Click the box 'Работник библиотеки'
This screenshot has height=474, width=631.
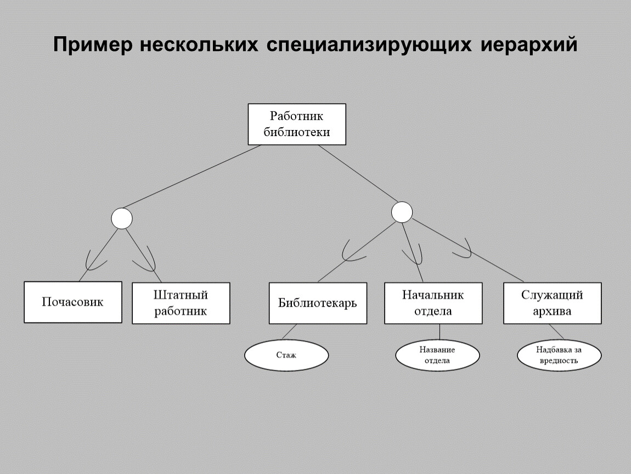[297, 124]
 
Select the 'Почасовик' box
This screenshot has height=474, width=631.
[73, 302]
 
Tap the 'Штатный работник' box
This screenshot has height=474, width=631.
[181, 303]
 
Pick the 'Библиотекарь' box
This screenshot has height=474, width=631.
[318, 303]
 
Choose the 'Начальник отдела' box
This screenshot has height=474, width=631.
[433, 303]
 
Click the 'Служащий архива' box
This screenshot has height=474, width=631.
[552, 303]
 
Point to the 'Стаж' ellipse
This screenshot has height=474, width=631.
[286, 356]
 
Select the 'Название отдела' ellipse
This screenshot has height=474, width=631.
[437, 355]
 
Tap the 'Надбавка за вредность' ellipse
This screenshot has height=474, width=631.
[559, 356]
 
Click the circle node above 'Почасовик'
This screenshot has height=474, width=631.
[122, 218]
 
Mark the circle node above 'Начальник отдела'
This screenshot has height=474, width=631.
[402, 212]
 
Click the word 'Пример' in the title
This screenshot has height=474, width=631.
[93, 45]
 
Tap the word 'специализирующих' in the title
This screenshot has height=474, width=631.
[369, 45]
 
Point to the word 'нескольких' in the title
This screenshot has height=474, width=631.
[199, 45]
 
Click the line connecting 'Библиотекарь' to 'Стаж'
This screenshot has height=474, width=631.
[289, 331]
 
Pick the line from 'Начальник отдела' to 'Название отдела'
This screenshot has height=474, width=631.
[440, 332]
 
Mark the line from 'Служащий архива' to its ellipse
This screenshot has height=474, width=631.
[556, 332]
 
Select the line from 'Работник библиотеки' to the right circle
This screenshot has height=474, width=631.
[358, 173]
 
